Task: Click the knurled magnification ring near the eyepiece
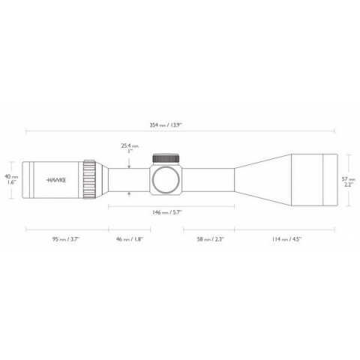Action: click(89, 180)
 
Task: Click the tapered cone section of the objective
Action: click(259, 180)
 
